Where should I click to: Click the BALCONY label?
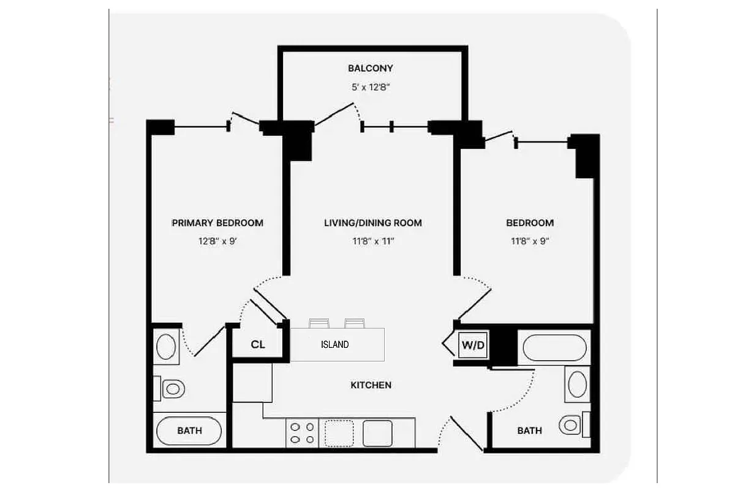coord(370,69)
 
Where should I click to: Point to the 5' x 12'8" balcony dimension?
coord(370,87)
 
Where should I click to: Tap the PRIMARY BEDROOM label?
coord(218,223)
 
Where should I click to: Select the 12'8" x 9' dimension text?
coord(217,241)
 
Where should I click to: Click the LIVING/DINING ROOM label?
coord(373,223)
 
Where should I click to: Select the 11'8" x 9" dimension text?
coord(530,241)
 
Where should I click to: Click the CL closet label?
coord(258,345)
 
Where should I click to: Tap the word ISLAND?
coord(335,345)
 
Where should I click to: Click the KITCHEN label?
coord(371,385)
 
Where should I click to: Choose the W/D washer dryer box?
coord(472,345)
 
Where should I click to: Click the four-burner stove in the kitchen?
coord(301,433)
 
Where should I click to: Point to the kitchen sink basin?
coord(377,433)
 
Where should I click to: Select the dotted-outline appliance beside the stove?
coord(339,433)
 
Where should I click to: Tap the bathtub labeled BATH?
coord(189,431)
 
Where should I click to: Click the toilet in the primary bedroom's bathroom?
coord(173,388)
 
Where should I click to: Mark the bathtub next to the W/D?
coord(554,348)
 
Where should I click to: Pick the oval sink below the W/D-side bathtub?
coord(577,385)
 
